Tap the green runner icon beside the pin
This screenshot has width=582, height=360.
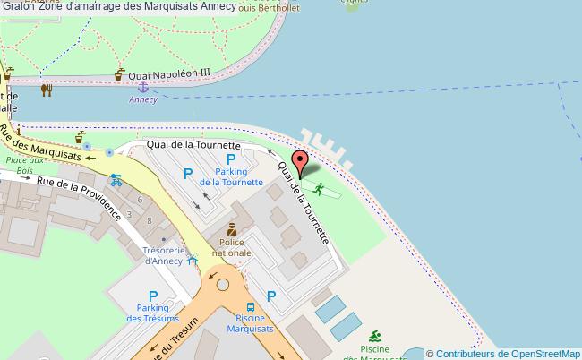point(319,188)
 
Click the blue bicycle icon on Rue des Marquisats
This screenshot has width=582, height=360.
point(114,178)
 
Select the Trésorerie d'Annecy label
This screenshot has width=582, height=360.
point(161,255)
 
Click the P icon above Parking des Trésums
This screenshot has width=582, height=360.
point(153,296)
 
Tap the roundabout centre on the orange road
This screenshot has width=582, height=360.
point(220,288)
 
